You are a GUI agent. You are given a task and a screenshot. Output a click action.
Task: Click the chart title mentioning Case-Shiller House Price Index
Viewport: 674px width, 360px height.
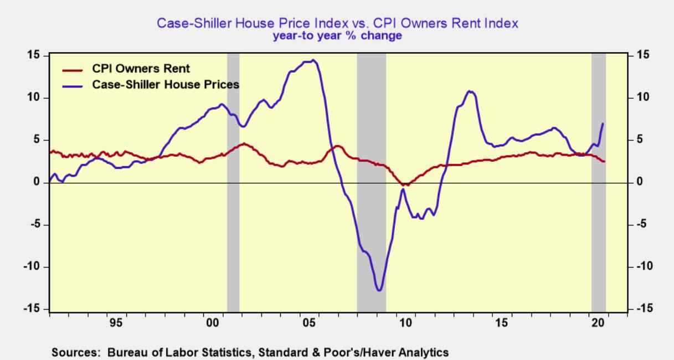pyautogui.click(x=337, y=24)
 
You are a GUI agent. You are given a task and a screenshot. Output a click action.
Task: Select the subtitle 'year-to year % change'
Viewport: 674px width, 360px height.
pyautogui.click(x=337, y=35)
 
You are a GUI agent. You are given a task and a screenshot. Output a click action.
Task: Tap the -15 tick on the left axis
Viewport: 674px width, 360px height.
pyautogui.click(x=34, y=309)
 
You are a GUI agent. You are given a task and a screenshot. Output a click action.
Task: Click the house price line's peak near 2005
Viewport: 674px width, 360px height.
pyautogui.click(x=313, y=60)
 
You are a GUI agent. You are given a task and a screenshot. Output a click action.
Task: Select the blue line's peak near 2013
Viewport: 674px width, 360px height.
pyautogui.click(x=470, y=91)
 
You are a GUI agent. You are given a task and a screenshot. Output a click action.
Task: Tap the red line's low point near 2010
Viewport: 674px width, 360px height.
pyautogui.click(x=405, y=184)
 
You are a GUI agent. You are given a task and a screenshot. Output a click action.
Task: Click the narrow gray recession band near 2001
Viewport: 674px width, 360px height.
pyautogui.click(x=233, y=183)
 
